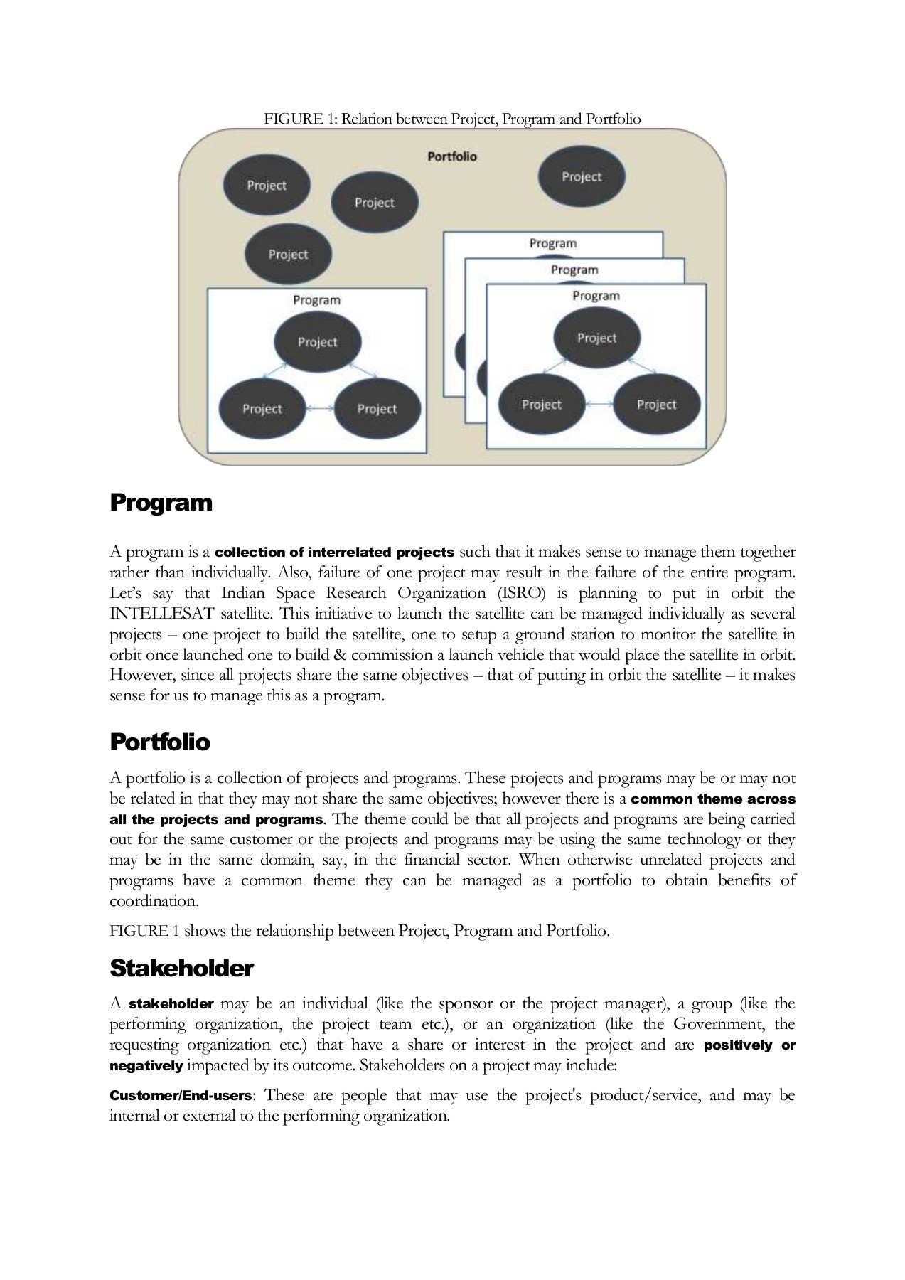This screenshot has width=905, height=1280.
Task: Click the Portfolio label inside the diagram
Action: tap(451, 156)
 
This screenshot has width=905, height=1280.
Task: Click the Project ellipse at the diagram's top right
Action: tap(581, 176)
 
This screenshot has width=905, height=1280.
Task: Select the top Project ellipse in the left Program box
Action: tap(317, 342)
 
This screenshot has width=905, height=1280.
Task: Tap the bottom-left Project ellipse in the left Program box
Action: tap(262, 409)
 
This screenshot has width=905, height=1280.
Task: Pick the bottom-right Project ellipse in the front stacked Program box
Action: tap(655, 405)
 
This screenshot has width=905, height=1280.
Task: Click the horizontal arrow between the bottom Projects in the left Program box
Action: tap(319, 409)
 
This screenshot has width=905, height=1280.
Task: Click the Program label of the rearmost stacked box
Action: tap(552, 243)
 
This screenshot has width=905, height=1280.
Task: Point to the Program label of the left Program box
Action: tap(316, 300)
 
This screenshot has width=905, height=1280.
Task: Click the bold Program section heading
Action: tap(161, 503)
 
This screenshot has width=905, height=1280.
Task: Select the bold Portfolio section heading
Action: tap(159, 742)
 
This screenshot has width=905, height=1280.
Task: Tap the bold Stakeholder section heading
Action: tap(181, 969)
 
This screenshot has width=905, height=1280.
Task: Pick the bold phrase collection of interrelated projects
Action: tap(334, 553)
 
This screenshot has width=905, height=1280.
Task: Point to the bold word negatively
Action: tap(146, 1066)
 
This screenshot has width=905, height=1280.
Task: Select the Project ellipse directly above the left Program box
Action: tap(288, 254)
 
